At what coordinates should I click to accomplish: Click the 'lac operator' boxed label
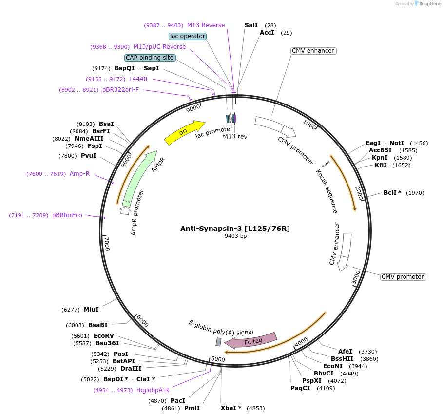188,36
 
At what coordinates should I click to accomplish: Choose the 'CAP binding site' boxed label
150,58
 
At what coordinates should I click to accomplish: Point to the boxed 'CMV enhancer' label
313,51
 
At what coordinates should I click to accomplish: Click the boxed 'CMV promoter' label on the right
403,277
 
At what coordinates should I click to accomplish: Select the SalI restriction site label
251,25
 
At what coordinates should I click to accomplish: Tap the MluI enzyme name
91,309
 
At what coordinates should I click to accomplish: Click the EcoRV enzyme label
103,335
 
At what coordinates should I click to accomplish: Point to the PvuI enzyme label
88,156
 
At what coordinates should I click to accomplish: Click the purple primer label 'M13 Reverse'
206,25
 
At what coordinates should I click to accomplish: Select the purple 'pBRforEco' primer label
67,215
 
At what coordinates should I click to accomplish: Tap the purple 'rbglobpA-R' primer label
153,390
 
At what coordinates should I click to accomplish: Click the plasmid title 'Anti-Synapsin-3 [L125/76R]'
235,228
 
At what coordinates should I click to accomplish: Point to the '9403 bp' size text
235,236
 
